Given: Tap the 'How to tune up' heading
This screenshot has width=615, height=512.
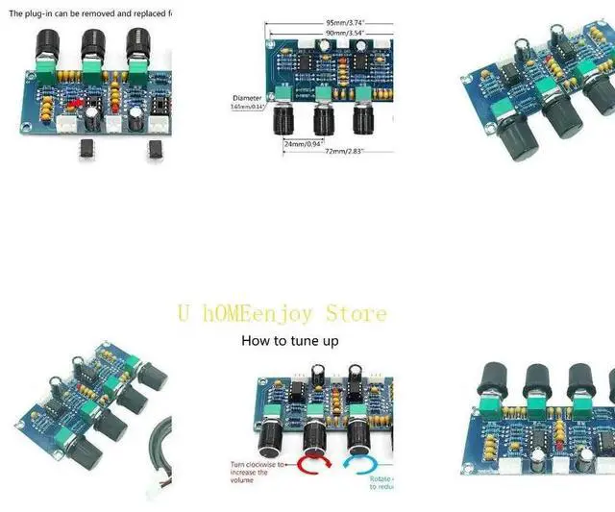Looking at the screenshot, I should click(x=289, y=340).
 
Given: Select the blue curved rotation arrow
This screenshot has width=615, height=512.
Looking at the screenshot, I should click(x=362, y=468).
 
